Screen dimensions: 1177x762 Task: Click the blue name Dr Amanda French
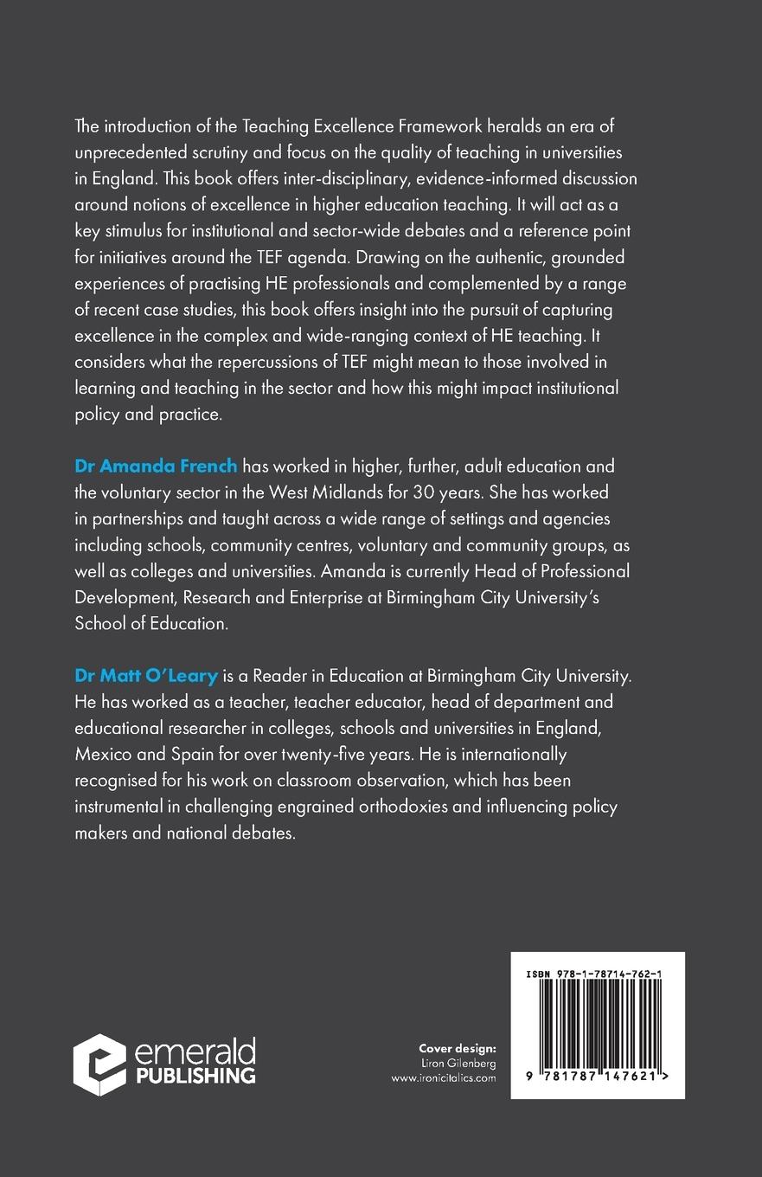[x=156, y=466]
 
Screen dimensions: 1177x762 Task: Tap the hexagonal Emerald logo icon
[x=99, y=1064]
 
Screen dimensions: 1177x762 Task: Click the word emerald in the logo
[x=195, y=1052]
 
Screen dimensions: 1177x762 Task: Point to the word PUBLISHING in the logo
[x=195, y=1076]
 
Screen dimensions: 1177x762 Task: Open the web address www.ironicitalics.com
[x=444, y=1078]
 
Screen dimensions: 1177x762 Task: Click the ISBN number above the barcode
[x=597, y=974]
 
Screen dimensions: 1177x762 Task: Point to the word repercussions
[x=280, y=361]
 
